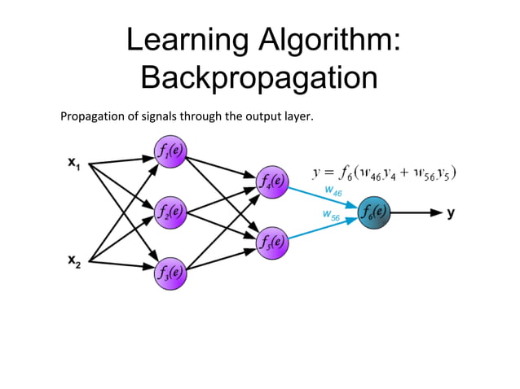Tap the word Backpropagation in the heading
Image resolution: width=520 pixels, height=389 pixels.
(x=259, y=78)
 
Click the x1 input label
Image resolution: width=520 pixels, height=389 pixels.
(x=73, y=164)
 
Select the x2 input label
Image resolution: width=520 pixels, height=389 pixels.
(x=73, y=262)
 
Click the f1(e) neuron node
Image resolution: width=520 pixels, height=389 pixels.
(x=169, y=151)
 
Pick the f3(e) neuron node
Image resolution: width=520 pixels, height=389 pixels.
(x=169, y=271)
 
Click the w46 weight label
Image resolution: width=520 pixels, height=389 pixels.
(x=333, y=190)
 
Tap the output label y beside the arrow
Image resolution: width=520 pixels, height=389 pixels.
(x=451, y=213)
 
